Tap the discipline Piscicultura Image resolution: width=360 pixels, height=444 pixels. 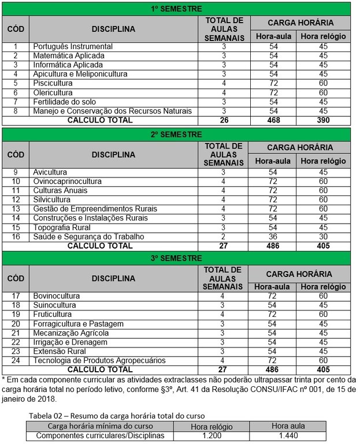point(53,83)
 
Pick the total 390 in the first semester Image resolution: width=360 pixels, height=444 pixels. point(323,120)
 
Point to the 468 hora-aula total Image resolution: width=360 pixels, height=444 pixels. point(274,120)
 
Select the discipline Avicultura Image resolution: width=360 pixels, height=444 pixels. point(50,172)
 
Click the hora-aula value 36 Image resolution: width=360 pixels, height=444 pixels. point(274,236)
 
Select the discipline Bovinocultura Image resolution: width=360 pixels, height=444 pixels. point(57,296)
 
